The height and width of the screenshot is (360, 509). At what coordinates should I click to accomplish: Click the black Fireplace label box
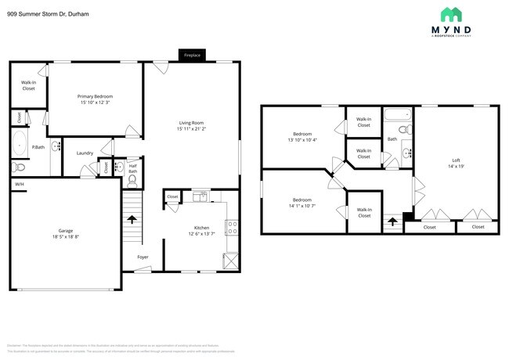point(192,56)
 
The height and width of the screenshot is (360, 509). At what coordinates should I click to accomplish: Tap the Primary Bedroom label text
point(95,96)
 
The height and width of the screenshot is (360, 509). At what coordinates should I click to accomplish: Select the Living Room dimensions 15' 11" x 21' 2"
point(191,128)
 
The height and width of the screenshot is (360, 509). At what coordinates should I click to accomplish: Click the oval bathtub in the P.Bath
point(19,145)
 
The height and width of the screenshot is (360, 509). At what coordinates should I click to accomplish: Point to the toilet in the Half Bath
point(132,179)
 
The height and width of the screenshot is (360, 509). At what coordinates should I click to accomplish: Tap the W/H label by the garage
point(19,184)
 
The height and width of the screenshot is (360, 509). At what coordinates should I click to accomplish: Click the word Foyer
point(143,257)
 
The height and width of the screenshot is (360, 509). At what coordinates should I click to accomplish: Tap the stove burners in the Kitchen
point(231,228)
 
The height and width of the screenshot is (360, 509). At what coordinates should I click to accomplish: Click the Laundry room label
point(85,153)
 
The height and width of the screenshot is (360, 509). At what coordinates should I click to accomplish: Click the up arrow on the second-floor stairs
point(392,222)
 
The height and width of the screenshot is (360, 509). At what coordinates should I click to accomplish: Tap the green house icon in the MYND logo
point(449,15)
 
